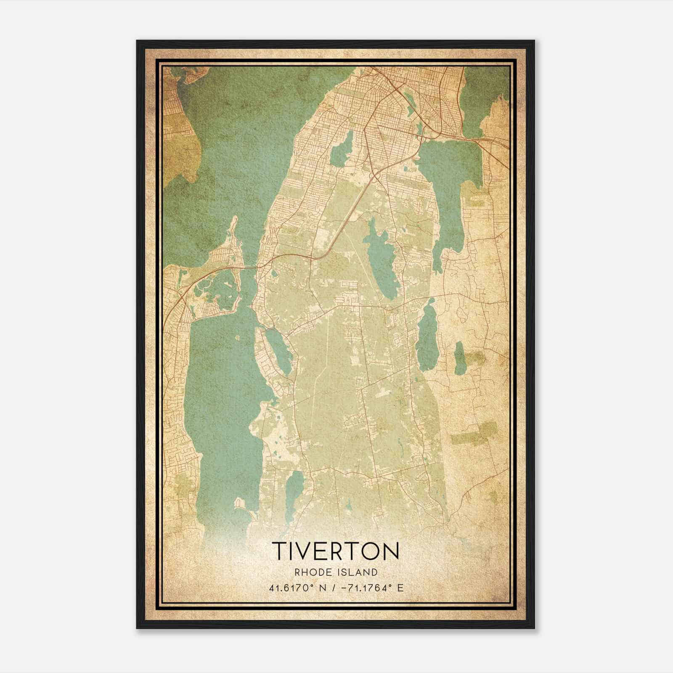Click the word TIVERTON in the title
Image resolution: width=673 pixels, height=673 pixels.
click(335, 551)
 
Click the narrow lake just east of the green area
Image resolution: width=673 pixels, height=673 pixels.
click(427, 336)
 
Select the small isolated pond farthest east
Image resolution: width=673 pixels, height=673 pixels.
click(460, 358)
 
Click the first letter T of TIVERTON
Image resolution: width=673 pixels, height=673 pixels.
click(279, 551)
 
